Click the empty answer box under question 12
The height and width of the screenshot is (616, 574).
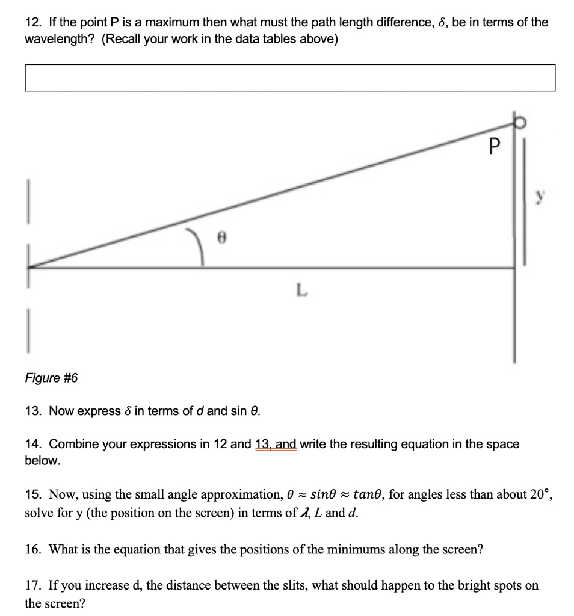(289, 78)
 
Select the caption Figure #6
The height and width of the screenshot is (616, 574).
(51, 378)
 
